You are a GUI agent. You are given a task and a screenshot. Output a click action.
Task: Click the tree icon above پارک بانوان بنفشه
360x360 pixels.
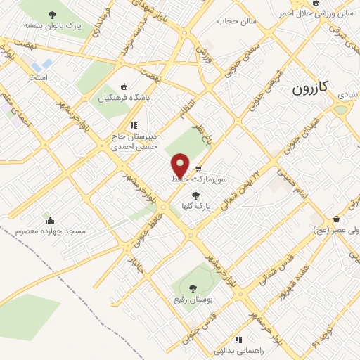click(x=52, y=14)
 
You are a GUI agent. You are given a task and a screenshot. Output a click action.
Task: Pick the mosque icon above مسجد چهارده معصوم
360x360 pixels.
click(x=48, y=219)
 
